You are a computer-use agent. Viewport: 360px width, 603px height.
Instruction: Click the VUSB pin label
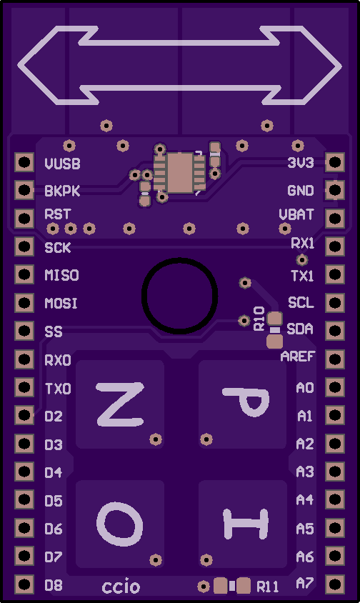click(x=62, y=164)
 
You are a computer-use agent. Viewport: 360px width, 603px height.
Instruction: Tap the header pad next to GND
click(x=334, y=190)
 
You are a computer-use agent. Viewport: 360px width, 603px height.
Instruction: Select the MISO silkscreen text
click(x=61, y=275)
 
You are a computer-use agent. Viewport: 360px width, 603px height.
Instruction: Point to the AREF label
click(x=298, y=357)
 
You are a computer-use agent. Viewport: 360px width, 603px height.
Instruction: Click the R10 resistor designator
click(x=259, y=319)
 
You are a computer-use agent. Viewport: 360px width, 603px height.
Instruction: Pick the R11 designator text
click(x=268, y=587)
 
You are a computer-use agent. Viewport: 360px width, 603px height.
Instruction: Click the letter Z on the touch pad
click(x=121, y=404)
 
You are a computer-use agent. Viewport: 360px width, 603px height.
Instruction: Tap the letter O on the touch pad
click(x=119, y=524)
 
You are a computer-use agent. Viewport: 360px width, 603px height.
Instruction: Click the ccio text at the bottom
click(x=121, y=587)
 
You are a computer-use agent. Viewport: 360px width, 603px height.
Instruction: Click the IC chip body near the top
click(x=179, y=173)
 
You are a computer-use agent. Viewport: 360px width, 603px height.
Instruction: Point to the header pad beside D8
click(x=24, y=584)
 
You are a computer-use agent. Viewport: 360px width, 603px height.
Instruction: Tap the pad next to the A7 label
click(x=334, y=584)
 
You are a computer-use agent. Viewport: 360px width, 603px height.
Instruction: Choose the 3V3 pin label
click(x=301, y=163)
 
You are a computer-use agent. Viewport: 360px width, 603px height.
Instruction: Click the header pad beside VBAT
click(x=334, y=219)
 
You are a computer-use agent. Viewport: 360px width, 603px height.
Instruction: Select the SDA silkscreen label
click(x=300, y=329)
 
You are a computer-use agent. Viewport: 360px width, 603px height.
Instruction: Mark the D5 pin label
click(x=54, y=501)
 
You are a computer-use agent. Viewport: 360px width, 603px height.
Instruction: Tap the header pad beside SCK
click(x=24, y=246)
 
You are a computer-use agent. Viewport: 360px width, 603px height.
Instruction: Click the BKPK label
click(x=62, y=191)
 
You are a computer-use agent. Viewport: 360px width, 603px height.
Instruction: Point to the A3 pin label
click(x=305, y=472)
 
